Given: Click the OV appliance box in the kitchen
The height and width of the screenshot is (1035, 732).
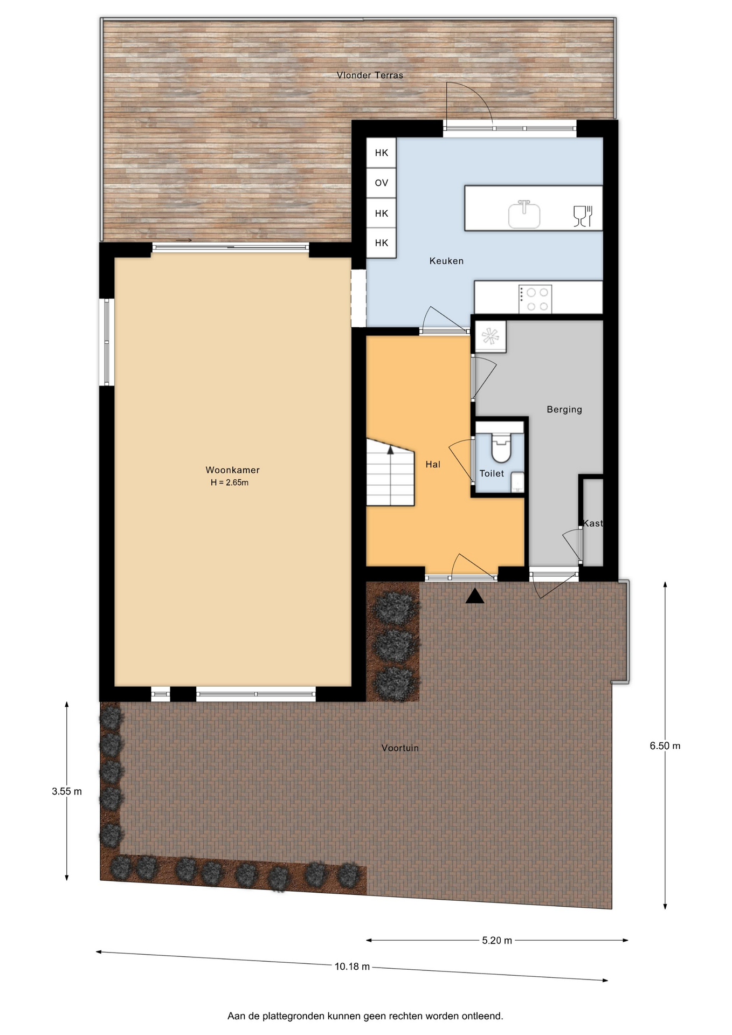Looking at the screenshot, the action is (381, 183).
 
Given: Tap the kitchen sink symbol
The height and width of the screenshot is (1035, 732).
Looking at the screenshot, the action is (524, 214).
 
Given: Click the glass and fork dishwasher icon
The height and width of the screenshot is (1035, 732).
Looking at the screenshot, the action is (583, 216).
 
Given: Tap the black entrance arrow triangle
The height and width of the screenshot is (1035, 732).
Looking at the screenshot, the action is (474, 596).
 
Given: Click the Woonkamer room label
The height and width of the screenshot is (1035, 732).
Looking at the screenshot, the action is (232, 470).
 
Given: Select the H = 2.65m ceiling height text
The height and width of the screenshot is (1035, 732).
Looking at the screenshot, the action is (230, 482).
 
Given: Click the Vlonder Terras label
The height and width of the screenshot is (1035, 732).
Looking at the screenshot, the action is (370, 75).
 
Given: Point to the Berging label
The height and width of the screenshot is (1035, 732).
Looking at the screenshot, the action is (564, 410).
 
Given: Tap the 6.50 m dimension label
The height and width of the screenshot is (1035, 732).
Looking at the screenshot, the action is (665, 746).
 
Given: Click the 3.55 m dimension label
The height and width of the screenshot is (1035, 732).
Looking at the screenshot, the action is (67, 791).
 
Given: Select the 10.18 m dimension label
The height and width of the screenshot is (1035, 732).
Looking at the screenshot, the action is (352, 967).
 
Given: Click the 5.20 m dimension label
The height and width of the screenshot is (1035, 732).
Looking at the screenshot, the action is (497, 940).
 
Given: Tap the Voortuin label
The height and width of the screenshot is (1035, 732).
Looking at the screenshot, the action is (400, 748).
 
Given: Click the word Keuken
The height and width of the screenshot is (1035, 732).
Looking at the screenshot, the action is (446, 261).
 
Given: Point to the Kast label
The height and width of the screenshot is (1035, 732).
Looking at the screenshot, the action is (592, 523).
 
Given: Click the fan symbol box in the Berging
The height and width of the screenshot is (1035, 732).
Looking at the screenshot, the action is (490, 337).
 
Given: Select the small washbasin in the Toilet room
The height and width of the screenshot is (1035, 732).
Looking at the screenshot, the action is (517, 482).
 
